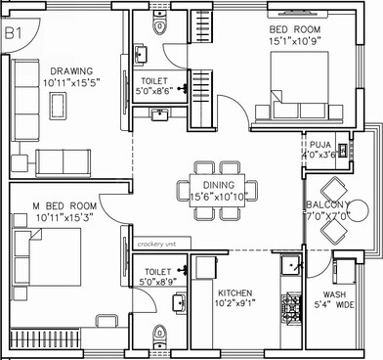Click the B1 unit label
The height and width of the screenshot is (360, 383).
[x=13, y=33]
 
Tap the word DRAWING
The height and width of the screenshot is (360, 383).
[x=67, y=71]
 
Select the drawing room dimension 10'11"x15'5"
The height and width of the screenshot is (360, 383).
[x=67, y=83]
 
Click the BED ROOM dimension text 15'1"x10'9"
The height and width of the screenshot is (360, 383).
[x=304, y=42]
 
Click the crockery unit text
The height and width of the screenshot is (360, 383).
[x=157, y=243]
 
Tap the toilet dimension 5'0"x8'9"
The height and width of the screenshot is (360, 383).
[x=158, y=283]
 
